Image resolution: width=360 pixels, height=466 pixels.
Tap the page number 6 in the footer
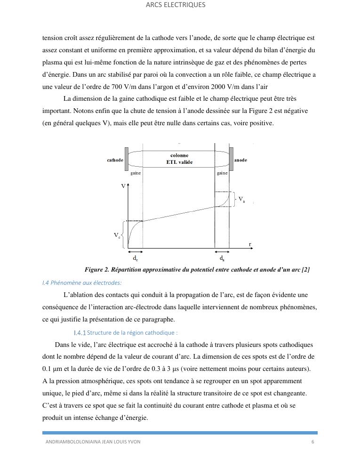pyautogui.click(x=312, y=442)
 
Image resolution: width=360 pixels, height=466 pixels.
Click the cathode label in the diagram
pyautogui.click(x=115, y=160)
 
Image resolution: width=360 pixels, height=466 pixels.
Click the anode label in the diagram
pyautogui.click(x=240, y=160)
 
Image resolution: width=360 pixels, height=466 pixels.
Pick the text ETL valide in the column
pyautogui.click(x=179, y=162)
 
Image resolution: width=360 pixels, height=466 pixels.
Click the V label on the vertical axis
pyautogui.click(x=123, y=186)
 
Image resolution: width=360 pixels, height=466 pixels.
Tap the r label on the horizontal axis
pyautogui.click(x=250, y=244)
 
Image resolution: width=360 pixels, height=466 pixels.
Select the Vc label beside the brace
pyautogui.click(x=117, y=235)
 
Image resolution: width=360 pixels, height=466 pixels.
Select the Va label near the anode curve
pyautogui.click(x=241, y=199)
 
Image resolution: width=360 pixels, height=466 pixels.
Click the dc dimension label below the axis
pyautogui.click(x=135, y=258)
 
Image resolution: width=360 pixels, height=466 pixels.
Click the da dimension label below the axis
pyautogui.click(x=222, y=258)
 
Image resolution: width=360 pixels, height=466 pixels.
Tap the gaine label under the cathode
pyautogui.click(x=136, y=173)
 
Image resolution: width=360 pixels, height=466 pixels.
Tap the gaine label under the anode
pyautogui.click(x=222, y=173)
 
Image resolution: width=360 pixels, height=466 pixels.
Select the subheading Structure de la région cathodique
pyautogui.click(x=126, y=332)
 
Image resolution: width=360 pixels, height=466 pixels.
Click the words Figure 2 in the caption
pyautogui.click(x=97, y=270)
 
